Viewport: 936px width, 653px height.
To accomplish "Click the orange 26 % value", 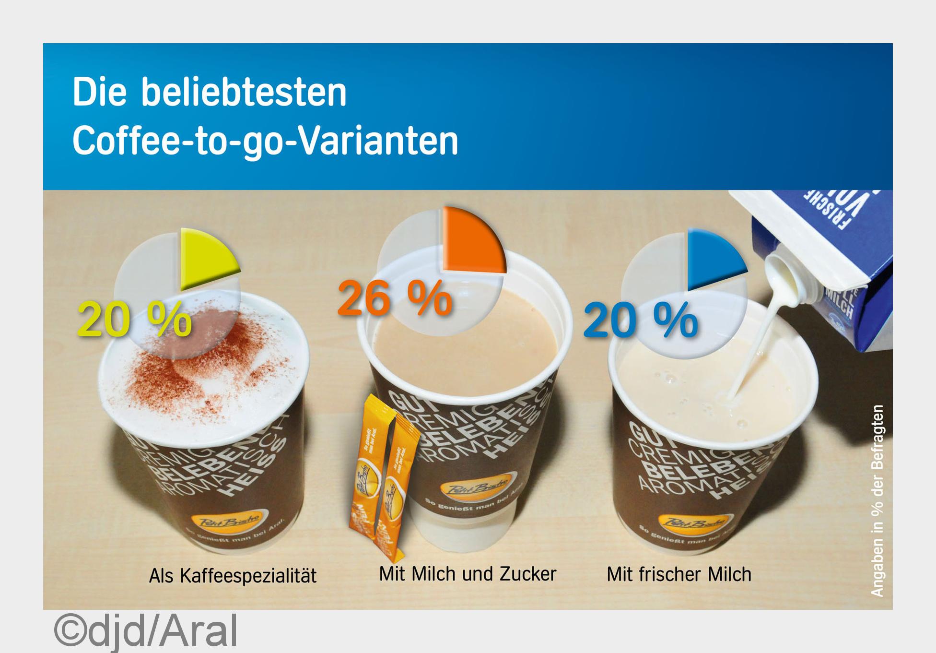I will (x=395, y=298).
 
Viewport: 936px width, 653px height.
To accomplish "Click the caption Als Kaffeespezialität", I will (x=233, y=576).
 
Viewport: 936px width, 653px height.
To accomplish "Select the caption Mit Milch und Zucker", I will (x=468, y=574).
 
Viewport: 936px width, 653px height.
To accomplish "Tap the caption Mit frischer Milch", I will (x=679, y=574).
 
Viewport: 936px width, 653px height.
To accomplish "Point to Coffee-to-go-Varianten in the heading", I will (x=265, y=141).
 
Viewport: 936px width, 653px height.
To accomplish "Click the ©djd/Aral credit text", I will (x=146, y=631).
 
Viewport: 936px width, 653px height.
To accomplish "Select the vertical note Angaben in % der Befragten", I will (x=877, y=501).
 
